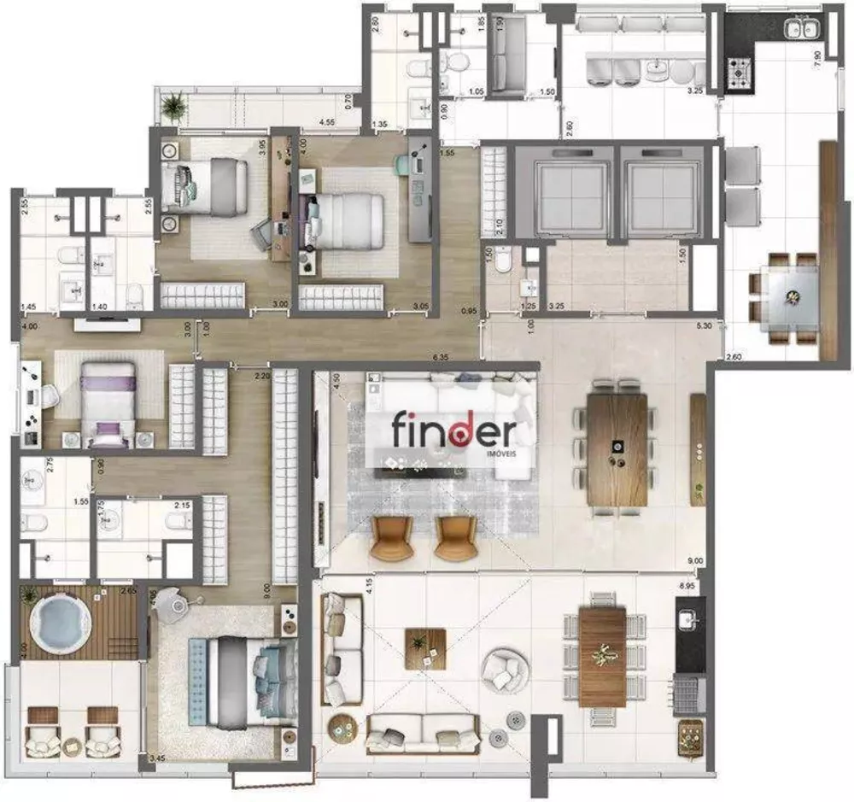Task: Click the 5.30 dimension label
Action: [x=704, y=325]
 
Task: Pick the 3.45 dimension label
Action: [x=157, y=758]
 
